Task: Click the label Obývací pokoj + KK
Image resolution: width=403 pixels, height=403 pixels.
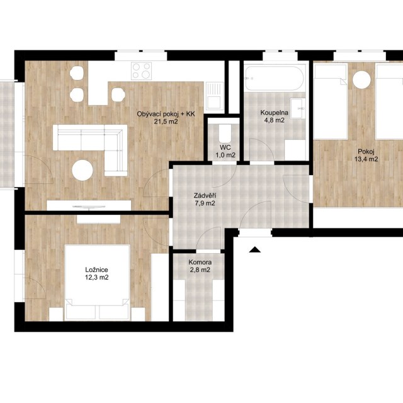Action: coord(166,114)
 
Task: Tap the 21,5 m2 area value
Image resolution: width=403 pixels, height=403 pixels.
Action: coord(166,122)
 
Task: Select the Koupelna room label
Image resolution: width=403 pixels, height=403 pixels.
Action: coord(275,113)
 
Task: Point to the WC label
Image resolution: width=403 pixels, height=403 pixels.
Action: coord(225,147)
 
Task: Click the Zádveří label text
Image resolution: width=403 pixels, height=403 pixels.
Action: coord(205,196)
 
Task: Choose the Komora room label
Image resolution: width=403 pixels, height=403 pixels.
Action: coord(200,263)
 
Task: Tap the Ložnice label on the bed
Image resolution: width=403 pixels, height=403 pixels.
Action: coord(96,270)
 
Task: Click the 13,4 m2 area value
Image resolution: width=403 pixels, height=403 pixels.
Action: coord(366,159)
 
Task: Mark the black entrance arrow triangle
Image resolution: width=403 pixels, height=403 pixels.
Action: coord(254,249)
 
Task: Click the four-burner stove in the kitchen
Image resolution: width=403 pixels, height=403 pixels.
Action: coord(141,71)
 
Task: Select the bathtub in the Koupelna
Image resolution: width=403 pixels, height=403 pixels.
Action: coord(275,78)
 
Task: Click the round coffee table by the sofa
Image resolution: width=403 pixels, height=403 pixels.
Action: coord(82,170)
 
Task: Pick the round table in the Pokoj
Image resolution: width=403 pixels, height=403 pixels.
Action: coord(362,80)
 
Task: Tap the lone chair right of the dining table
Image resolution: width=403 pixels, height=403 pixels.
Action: coord(118,94)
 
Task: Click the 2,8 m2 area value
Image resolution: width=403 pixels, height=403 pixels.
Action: coord(200,270)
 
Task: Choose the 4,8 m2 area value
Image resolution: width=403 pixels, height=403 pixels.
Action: coord(275,120)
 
